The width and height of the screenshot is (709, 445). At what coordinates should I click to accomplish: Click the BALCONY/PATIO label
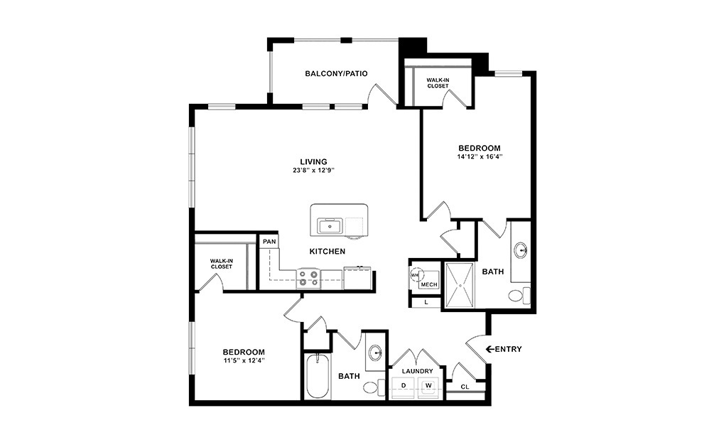(336, 73)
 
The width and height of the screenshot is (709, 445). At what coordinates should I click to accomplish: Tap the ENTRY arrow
(489, 349)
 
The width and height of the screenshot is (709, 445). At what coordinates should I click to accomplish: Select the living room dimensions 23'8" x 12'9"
(313, 171)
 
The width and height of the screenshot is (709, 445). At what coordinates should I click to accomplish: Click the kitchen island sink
(330, 226)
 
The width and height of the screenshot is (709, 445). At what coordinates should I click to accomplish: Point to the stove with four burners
(309, 277)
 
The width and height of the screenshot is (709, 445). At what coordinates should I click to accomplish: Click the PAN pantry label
(269, 242)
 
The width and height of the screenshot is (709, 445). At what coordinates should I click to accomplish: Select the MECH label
(428, 284)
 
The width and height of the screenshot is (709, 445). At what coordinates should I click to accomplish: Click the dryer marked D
(404, 386)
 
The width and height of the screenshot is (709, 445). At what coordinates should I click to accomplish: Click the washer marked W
(429, 386)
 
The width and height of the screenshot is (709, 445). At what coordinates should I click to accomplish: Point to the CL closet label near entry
(465, 387)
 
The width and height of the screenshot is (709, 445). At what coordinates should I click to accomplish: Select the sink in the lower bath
(376, 353)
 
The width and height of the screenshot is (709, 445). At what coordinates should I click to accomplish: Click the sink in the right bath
(521, 250)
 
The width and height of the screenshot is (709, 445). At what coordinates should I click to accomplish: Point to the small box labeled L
(426, 301)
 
